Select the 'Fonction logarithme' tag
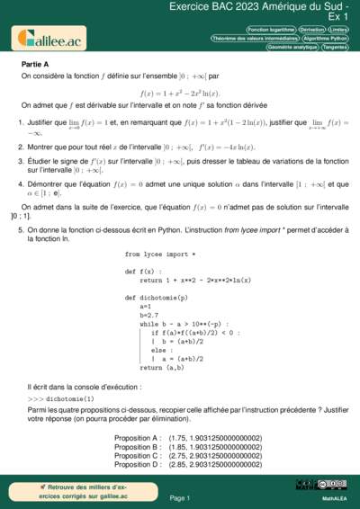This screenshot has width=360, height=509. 270,30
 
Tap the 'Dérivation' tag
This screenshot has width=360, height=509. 311,30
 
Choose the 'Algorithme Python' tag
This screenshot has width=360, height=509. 325,39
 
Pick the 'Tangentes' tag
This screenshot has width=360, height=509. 334,48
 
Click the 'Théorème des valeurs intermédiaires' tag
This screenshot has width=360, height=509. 254,39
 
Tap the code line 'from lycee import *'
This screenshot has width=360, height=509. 159,254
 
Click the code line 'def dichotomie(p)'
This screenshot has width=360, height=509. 157,296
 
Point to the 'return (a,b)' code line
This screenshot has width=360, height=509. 150,367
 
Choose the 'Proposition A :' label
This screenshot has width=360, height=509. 138,438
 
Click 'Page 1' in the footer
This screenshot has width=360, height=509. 179,497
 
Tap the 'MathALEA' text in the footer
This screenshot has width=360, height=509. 335,497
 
